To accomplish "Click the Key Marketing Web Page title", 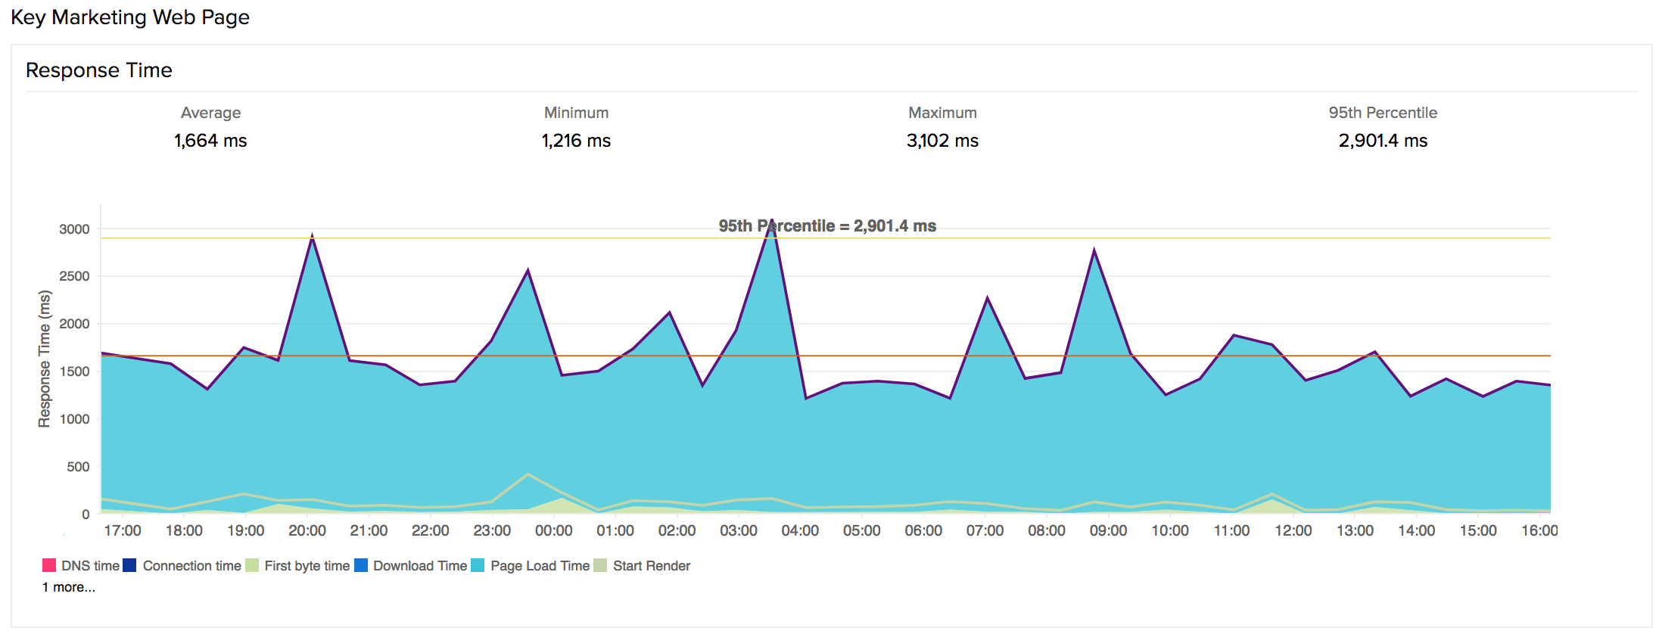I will point(129,17).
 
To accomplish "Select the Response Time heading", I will point(98,70).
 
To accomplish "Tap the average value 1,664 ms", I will point(210,141).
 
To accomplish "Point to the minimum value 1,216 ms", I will point(576,141).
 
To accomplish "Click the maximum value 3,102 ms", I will point(942,141).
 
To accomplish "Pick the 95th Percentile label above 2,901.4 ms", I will point(1382,113).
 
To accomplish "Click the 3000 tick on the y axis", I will point(74,229).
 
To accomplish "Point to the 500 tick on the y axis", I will point(78,467).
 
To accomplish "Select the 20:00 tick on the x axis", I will point(307,530).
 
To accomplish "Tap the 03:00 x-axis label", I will point(739,530).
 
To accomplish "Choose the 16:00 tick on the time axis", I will point(1539,530).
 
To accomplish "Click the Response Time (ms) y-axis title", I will point(45,359).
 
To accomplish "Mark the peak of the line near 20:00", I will point(312,236).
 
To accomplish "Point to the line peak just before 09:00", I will point(1094,250).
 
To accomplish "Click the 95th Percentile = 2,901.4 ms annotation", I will point(827,226).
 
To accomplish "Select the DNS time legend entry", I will point(81,566).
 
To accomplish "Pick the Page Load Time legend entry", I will point(530,566).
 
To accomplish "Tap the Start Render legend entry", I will point(642,566).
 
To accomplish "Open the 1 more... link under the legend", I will point(69,587).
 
